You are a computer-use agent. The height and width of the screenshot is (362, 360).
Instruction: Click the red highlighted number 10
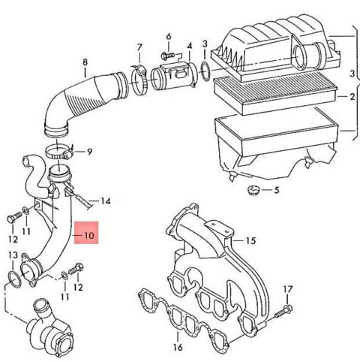tap(89, 235)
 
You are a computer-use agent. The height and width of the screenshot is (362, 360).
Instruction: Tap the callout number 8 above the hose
tap(85, 62)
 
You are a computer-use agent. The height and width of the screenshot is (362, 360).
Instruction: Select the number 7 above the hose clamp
tap(139, 47)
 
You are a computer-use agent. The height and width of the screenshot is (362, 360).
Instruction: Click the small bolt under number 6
tap(168, 55)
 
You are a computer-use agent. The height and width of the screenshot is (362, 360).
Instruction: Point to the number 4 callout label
tap(190, 47)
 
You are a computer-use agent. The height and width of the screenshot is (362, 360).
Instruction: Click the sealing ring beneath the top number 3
tap(205, 72)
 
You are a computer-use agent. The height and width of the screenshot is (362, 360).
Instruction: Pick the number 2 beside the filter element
tap(352, 96)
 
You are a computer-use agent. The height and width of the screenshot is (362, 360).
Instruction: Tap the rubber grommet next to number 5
tap(253, 190)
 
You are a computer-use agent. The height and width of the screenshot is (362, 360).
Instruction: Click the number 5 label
tap(276, 190)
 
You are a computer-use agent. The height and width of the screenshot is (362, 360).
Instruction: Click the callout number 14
tap(106, 201)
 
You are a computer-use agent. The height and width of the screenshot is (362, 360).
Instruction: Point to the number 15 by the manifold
tap(251, 240)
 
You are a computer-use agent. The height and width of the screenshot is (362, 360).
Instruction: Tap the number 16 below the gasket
tap(178, 347)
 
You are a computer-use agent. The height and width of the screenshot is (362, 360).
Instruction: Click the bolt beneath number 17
tap(283, 312)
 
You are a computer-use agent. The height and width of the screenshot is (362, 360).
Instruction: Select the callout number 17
tap(287, 290)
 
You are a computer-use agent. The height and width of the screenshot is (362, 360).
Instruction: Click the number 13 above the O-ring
tap(13, 255)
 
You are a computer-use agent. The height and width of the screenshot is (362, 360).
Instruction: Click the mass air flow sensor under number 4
tap(175, 76)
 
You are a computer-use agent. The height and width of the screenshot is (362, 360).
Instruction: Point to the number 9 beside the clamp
tap(89, 152)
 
